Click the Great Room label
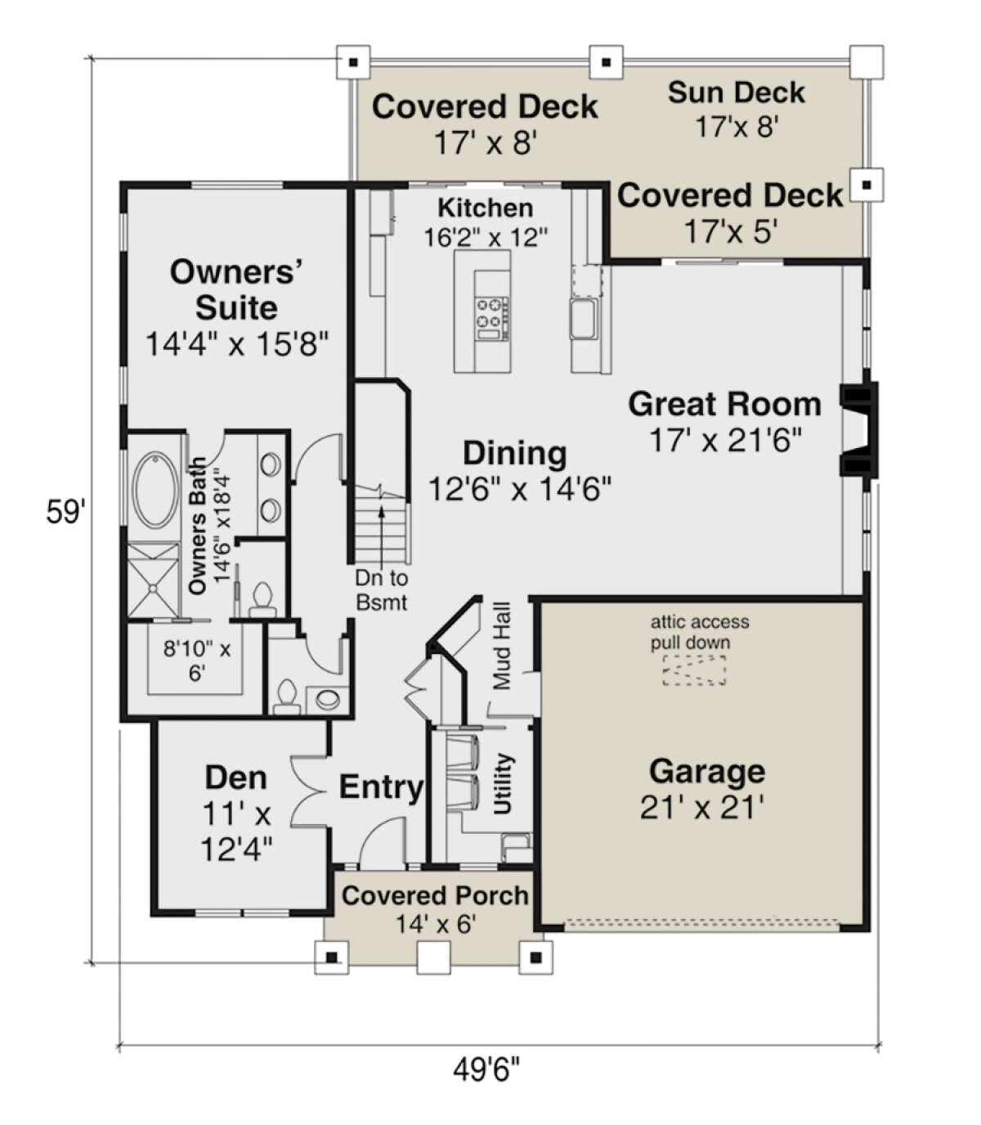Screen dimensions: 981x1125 pos(724,405)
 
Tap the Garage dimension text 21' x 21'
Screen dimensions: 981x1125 pos(701,808)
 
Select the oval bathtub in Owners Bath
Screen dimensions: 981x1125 pos(157,490)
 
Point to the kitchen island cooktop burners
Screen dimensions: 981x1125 pos(492,312)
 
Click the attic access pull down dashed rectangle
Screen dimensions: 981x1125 pos(694,670)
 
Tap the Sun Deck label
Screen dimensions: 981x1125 pos(737,92)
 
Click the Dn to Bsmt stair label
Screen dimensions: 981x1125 pos(382,590)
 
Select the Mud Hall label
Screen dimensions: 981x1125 pos(502,646)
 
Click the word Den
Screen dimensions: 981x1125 pos(235,778)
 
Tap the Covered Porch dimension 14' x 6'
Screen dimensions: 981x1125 pos(436,924)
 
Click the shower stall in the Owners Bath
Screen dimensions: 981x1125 pos(154,580)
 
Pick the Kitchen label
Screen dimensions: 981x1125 pos(486,208)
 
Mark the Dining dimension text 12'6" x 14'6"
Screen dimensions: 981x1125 pos(519,488)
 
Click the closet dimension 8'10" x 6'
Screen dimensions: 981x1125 pos(197,661)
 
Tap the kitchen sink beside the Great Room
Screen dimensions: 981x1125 pos(583,318)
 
